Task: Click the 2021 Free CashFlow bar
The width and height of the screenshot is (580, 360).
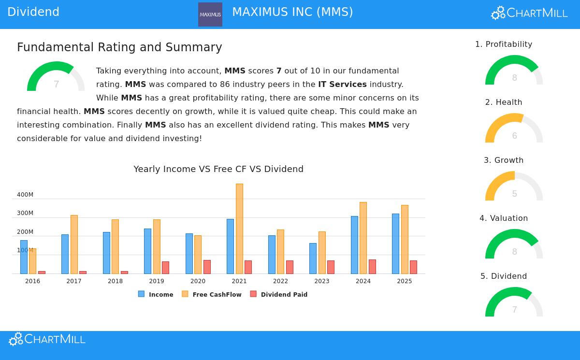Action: tap(239, 229)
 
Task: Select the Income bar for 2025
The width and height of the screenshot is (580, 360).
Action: tap(395, 244)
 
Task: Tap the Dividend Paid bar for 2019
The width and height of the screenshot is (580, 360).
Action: tap(165, 268)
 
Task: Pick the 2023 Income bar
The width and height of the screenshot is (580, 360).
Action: tap(313, 258)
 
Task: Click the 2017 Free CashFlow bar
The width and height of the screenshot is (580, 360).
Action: tap(74, 244)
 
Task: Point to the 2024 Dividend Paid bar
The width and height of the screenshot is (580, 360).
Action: tap(372, 267)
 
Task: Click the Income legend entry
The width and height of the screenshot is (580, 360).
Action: tap(156, 294)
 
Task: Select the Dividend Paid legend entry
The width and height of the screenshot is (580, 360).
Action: tap(279, 294)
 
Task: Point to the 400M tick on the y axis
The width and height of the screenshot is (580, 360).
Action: tap(25, 195)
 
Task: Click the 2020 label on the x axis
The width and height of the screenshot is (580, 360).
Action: tap(198, 281)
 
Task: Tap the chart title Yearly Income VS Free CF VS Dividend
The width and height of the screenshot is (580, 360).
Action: tap(218, 169)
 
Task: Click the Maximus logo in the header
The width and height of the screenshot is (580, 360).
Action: tap(210, 14)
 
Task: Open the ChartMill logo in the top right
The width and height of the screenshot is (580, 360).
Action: tap(529, 13)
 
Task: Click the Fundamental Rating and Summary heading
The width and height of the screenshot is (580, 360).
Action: tap(119, 47)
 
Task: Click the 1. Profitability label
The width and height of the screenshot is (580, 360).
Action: tap(504, 44)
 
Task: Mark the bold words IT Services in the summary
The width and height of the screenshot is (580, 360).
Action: tap(342, 85)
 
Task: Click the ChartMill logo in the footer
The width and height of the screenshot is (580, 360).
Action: tap(47, 339)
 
